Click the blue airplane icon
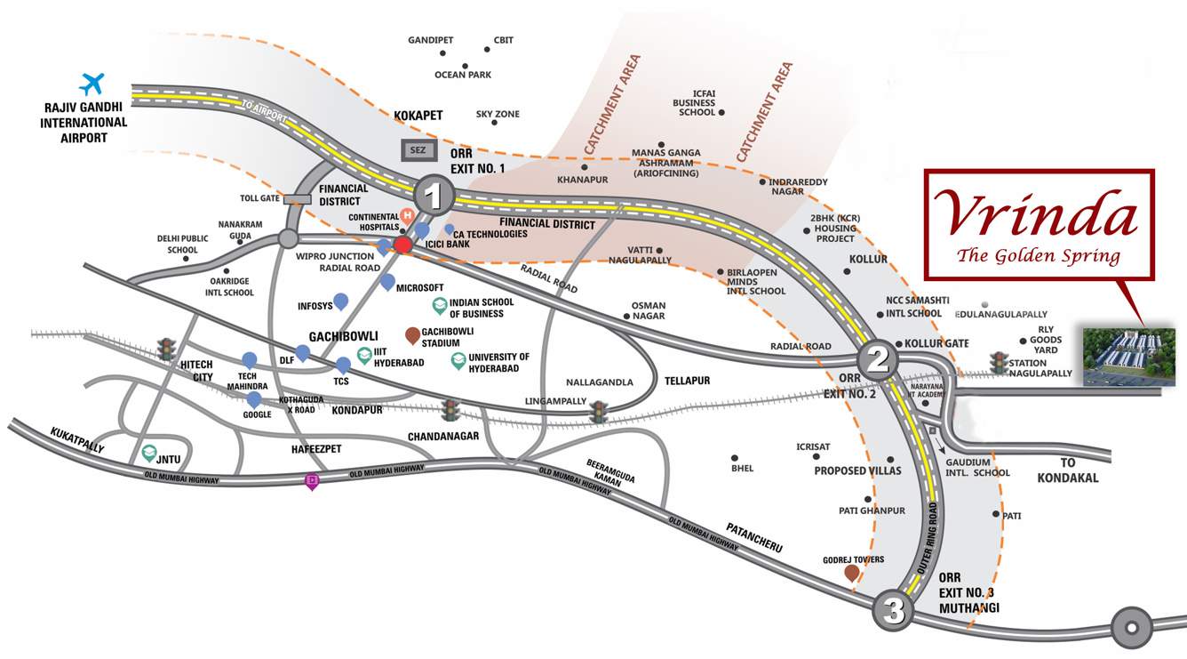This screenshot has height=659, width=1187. (x=92, y=84)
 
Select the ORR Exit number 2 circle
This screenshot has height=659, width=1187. (x=878, y=359)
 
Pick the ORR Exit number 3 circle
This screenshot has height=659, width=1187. (x=894, y=611)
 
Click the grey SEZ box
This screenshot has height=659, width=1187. (x=416, y=151)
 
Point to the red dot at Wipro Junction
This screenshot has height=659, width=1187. (x=402, y=245)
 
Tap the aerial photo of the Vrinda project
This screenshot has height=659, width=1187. (x=1128, y=356)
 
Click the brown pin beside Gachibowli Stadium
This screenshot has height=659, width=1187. (x=412, y=335)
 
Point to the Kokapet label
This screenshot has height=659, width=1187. (x=418, y=116)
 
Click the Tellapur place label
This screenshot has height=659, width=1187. (x=687, y=381)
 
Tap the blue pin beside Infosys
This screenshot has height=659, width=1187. (x=340, y=301)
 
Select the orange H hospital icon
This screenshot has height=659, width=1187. (x=408, y=215)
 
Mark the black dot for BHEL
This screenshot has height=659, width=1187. (x=735, y=458)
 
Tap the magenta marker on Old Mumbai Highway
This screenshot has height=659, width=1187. (x=311, y=482)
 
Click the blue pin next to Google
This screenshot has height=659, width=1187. (x=254, y=399)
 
